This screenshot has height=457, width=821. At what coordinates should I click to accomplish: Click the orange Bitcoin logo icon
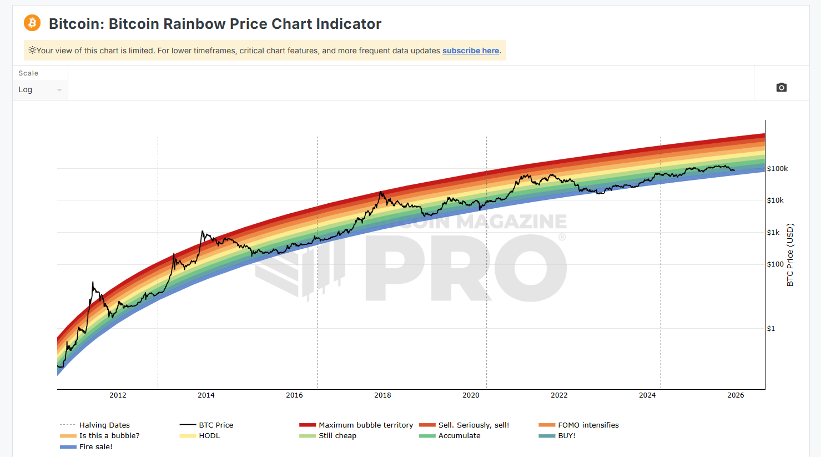(32, 23)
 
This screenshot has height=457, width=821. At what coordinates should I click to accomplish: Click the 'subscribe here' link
(470, 51)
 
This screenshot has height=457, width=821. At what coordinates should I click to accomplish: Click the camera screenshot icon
(781, 87)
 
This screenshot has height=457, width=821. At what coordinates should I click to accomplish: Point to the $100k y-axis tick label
(777, 169)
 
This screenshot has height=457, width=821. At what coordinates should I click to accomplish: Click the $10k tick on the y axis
(775, 200)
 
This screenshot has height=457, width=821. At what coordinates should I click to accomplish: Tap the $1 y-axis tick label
(771, 329)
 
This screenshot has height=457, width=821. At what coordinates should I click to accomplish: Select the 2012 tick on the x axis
(118, 395)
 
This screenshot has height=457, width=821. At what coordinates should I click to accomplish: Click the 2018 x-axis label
(382, 395)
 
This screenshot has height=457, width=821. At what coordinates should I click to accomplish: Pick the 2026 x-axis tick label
(736, 395)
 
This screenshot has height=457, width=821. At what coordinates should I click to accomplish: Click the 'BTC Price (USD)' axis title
(790, 255)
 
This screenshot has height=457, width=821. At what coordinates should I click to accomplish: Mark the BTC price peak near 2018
(380, 192)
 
